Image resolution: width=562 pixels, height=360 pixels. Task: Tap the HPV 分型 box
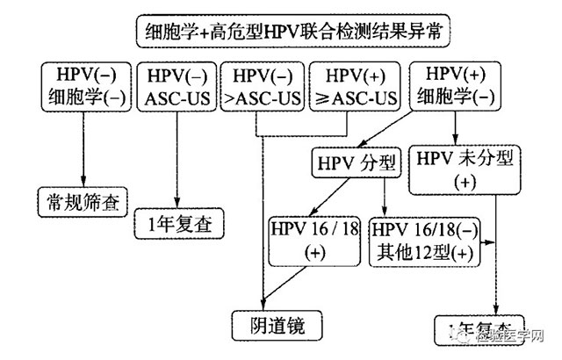[x=355, y=163]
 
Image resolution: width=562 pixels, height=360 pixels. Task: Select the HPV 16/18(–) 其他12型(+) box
[x=426, y=239]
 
